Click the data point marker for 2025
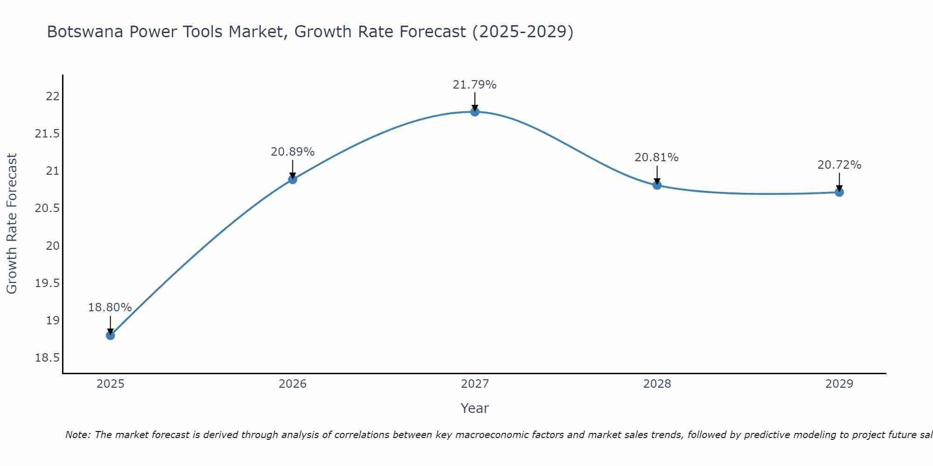[x=110, y=335]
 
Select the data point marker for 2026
[x=292, y=179]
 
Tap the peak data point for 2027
[x=475, y=112]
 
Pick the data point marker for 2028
[x=657, y=185]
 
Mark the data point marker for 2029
[x=839, y=192]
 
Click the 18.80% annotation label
[x=110, y=308]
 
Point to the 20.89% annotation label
[x=292, y=152]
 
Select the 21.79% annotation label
[x=475, y=85]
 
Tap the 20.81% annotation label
[x=657, y=158]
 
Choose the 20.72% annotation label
[x=839, y=165]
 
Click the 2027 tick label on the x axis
[x=475, y=384]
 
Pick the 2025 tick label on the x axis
[x=110, y=384]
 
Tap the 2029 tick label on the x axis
[x=839, y=384]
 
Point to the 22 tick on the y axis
[x=53, y=96]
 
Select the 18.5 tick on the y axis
[x=48, y=358]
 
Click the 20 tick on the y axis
[x=53, y=246]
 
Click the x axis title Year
[x=475, y=408]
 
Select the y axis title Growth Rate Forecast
[x=12, y=224]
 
